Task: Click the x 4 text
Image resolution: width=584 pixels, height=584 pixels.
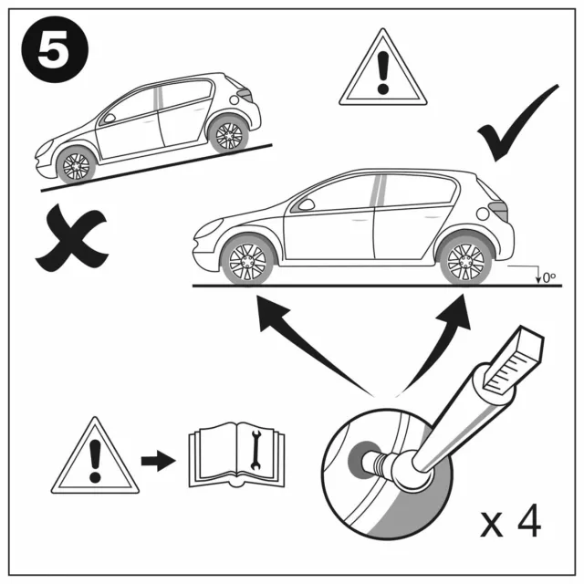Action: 511,523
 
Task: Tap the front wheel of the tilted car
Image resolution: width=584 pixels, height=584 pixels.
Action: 75,165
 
